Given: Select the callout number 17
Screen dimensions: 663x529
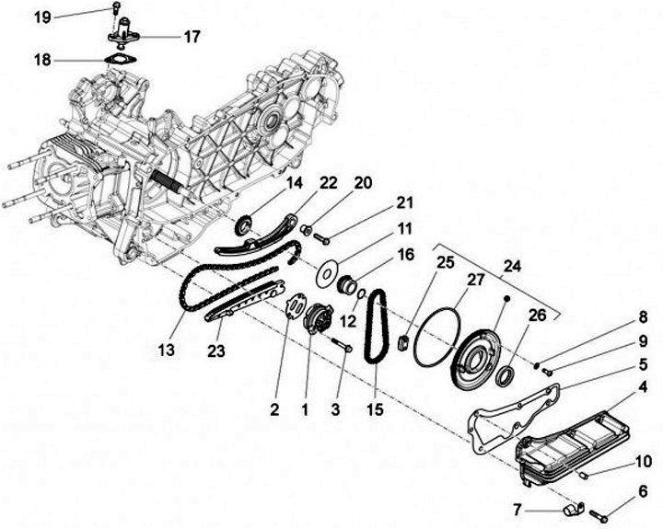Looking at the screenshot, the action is (192, 38).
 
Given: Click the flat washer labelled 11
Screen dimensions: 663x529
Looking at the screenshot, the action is (324, 274).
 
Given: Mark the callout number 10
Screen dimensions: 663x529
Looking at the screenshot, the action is (641, 460).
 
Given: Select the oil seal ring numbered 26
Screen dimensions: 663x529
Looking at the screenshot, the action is (506, 378).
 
